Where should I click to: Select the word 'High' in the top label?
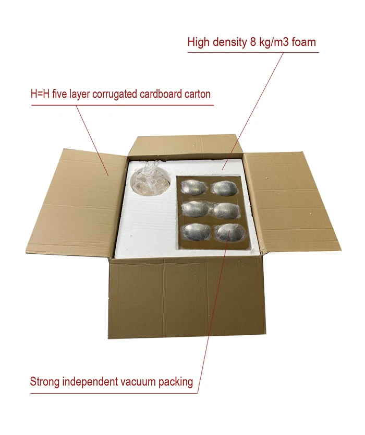[200, 42]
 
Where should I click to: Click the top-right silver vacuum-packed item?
[226, 187]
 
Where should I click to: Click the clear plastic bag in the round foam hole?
[149, 181]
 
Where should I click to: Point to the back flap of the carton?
[185, 146]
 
